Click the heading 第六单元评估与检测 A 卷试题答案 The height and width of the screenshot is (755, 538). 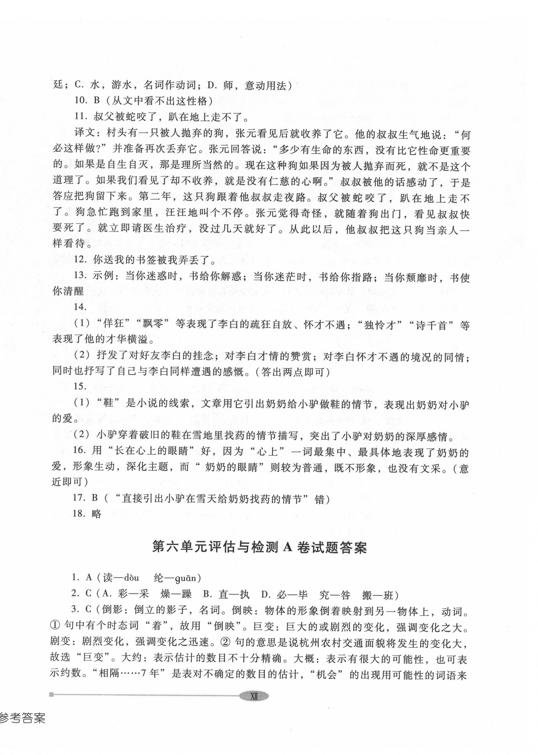[x=259, y=547]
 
